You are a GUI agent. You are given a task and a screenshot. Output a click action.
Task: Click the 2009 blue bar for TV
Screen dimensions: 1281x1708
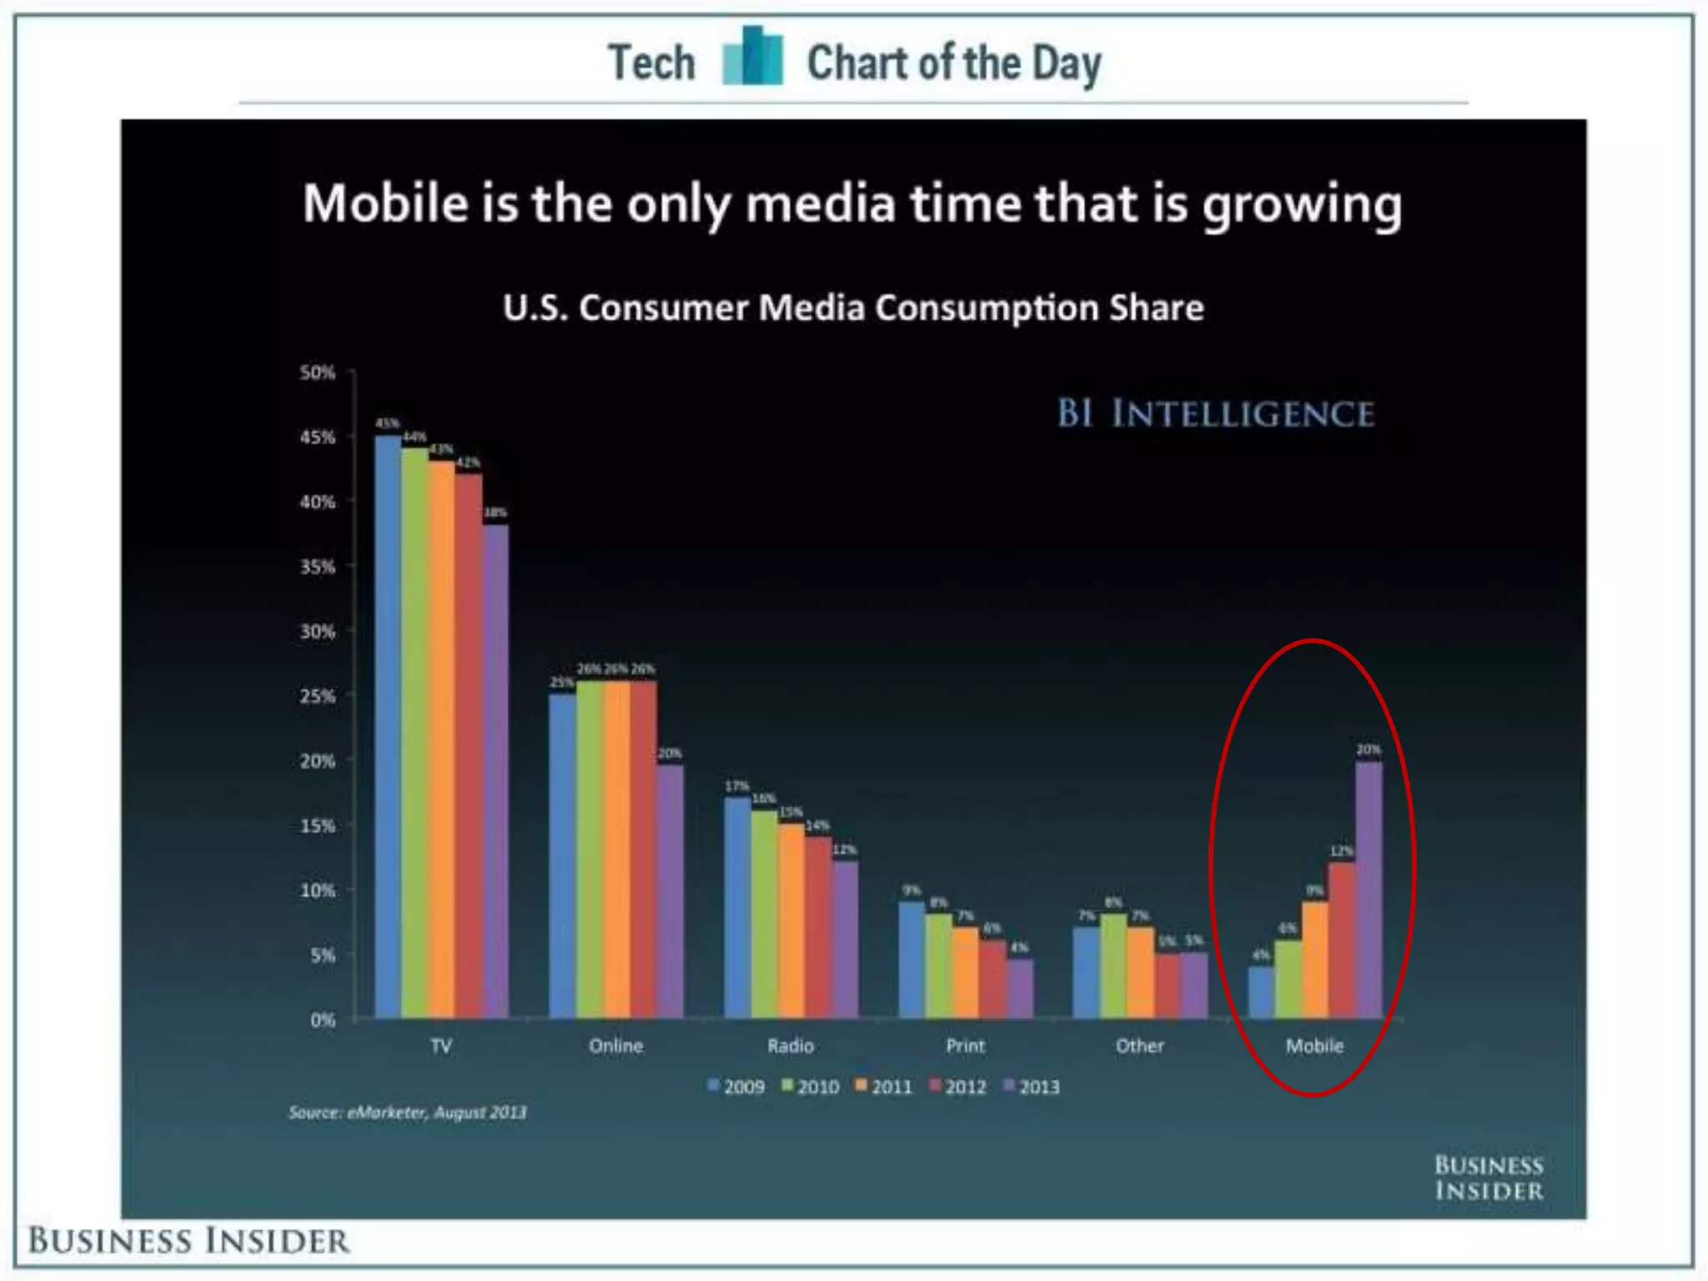pyautogui.click(x=388, y=726)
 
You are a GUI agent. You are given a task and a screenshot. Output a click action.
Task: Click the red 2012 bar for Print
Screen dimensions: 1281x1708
pyautogui.click(x=992, y=979)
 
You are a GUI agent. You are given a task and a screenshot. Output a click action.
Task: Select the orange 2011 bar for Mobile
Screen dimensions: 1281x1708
pyautogui.click(x=1315, y=959)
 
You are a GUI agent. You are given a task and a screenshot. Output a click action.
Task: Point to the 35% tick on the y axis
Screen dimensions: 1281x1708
pyautogui.click(x=318, y=567)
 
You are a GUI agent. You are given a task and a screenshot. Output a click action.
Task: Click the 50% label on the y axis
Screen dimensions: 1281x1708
pyautogui.click(x=318, y=372)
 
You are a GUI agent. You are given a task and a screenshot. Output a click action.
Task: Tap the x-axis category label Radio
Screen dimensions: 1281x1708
pyautogui.click(x=790, y=1046)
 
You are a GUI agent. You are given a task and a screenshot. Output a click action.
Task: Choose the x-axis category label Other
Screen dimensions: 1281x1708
pyautogui.click(x=1139, y=1046)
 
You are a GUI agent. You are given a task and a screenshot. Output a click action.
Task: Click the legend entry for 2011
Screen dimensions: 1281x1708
pyautogui.click(x=885, y=1087)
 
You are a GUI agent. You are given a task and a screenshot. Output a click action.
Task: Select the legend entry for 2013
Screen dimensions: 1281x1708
pyautogui.click(x=1032, y=1087)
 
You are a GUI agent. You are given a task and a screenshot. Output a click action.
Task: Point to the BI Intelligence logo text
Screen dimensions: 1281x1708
pyautogui.click(x=1215, y=414)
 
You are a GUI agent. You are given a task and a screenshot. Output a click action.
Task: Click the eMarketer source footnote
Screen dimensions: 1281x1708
pyautogui.click(x=408, y=1112)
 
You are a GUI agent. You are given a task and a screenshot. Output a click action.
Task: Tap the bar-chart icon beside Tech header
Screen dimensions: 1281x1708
pyautogui.click(x=752, y=57)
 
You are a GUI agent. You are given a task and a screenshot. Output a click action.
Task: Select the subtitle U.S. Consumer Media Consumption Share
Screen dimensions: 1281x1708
pyautogui.click(x=853, y=308)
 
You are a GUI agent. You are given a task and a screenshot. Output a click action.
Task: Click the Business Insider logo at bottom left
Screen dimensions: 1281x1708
pyautogui.click(x=188, y=1241)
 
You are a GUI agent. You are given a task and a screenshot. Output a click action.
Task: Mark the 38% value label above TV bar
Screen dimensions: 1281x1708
pyautogui.click(x=495, y=512)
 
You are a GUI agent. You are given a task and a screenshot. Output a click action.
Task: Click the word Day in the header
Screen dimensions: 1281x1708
pyautogui.click(x=1067, y=63)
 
